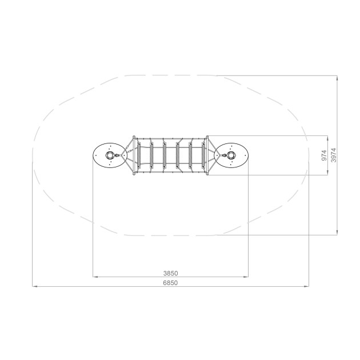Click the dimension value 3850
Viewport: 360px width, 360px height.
point(171,273)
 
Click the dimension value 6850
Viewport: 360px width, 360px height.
point(170,283)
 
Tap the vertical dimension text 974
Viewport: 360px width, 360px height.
point(324,155)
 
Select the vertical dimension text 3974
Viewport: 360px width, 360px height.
point(333,155)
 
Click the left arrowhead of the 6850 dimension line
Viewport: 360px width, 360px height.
point(35,286)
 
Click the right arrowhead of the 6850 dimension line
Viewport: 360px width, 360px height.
point(306,286)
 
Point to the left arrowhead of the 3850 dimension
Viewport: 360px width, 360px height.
point(95,277)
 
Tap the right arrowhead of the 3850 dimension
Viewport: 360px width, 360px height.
point(246,277)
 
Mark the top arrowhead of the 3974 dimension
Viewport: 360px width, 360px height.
point(337,78)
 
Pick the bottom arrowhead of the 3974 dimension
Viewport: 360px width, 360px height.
point(337,233)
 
